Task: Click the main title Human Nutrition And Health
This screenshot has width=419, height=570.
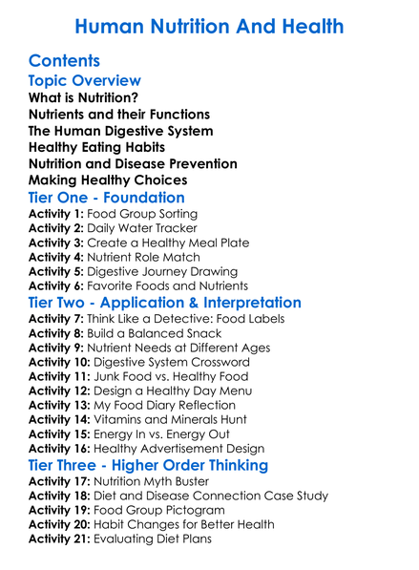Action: point(209,26)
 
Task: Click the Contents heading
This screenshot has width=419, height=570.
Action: point(65,62)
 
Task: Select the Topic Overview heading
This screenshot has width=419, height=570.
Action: point(85,81)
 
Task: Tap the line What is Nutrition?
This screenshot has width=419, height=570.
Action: point(83,98)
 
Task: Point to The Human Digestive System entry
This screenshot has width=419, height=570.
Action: point(121,131)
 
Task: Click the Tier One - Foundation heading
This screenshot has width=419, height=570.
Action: point(107,198)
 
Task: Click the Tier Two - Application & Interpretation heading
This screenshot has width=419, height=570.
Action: point(165,303)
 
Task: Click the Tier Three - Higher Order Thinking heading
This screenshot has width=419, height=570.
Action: point(148,465)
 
